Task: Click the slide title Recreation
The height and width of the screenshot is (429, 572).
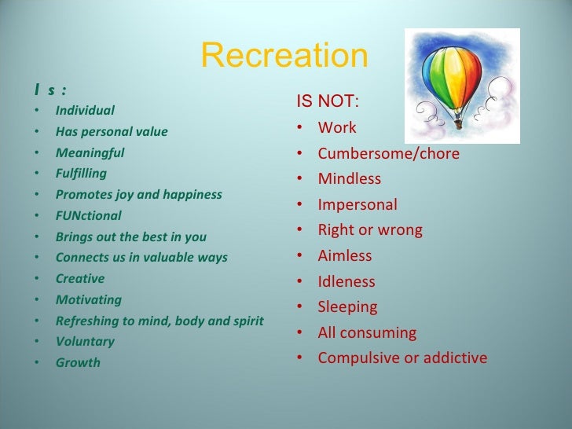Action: tap(284, 56)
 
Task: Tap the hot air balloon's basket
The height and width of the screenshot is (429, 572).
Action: tap(458, 122)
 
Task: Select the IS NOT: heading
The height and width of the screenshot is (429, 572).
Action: tap(328, 101)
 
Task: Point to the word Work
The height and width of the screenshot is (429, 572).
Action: tap(337, 127)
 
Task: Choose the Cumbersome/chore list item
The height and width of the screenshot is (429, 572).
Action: tap(388, 153)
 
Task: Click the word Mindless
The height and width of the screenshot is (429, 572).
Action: tap(349, 179)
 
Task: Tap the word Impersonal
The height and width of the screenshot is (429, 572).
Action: tap(357, 205)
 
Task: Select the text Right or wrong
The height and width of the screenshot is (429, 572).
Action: tap(370, 230)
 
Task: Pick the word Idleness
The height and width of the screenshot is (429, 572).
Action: tap(346, 281)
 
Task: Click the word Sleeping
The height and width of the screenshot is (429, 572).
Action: tap(347, 307)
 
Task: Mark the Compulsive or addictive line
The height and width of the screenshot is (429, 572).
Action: tap(402, 358)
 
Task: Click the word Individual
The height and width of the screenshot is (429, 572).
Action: tap(85, 110)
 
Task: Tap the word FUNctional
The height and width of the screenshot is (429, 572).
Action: tap(88, 215)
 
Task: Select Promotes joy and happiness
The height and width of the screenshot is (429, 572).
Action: tap(138, 194)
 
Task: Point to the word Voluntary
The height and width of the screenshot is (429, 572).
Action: tap(85, 342)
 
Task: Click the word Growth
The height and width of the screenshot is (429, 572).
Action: tap(78, 363)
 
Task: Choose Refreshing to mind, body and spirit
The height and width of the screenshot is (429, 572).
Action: tap(159, 321)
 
